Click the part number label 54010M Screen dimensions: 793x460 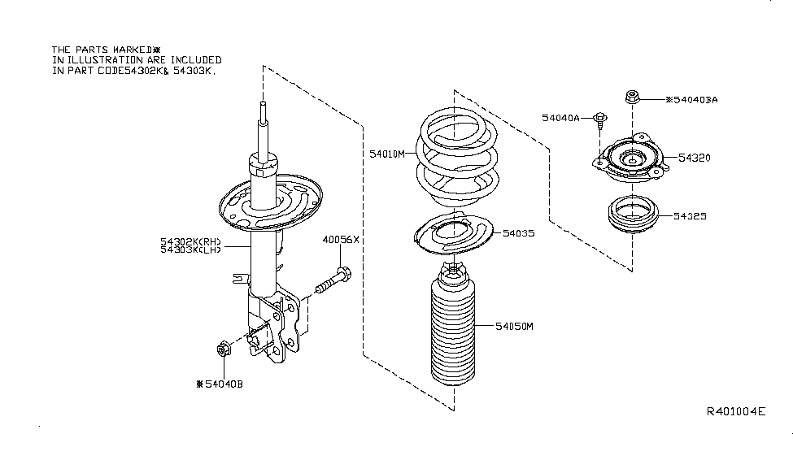387,154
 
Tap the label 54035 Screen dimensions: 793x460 518,233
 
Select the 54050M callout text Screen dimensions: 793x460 514,327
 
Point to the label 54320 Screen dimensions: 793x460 695,158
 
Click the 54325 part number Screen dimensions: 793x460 690,216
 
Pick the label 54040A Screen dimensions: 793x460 561,118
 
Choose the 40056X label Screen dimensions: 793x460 341,240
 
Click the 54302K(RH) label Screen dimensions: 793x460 190,242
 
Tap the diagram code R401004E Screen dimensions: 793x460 736,411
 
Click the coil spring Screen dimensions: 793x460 457,159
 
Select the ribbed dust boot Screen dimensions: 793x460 453,324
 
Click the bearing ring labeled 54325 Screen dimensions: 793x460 633,215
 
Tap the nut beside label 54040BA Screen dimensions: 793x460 632,97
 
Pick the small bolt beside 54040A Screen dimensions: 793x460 600,119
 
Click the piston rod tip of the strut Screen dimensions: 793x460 263,104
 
